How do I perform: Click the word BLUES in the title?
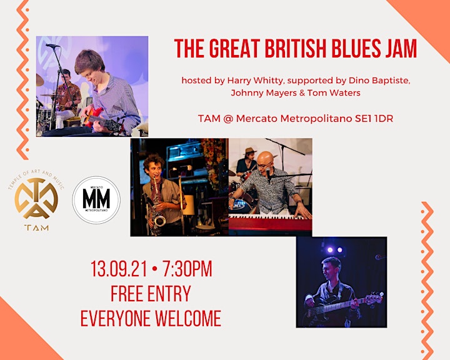pos(354,48)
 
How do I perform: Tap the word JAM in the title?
pos(399,48)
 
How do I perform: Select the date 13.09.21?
pos(119,269)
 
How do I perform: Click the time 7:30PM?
pos(187,269)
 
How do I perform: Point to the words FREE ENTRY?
pos(151,294)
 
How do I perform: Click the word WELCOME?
pos(188,318)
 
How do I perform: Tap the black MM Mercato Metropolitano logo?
pos(96,200)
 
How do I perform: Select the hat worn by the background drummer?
pos(249,151)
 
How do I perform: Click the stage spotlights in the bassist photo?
pos(335,250)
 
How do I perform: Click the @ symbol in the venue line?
pos(227,119)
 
